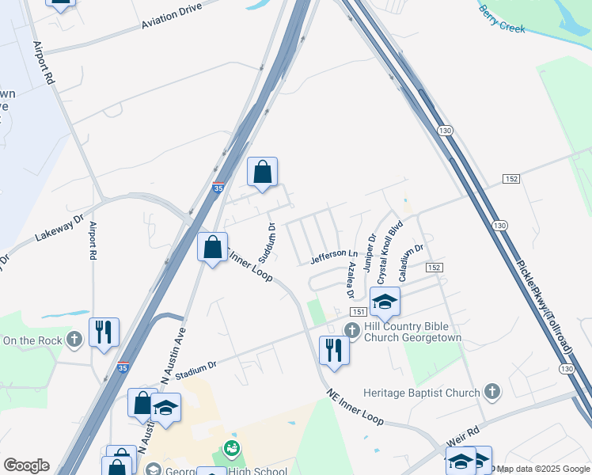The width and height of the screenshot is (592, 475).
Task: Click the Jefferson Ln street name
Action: [x=328, y=255]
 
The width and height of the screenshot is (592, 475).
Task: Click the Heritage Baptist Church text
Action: [x=422, y=393]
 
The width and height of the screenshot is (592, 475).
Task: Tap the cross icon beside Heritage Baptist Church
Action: [x=492, y=392]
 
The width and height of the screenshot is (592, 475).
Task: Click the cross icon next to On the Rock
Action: [x=74, y=340]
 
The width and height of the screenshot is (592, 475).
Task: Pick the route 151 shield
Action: [x=358, y=312]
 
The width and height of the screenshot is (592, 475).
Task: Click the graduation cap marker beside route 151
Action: [x=385, y=302]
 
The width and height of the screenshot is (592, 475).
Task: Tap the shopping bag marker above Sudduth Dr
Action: [x=262, y=172]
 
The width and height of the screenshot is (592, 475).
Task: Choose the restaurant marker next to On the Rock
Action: [x=104, y=332]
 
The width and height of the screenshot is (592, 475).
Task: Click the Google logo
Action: [x=26, y=465]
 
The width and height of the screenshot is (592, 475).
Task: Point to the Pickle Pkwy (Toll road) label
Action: [x=546, y=296]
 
